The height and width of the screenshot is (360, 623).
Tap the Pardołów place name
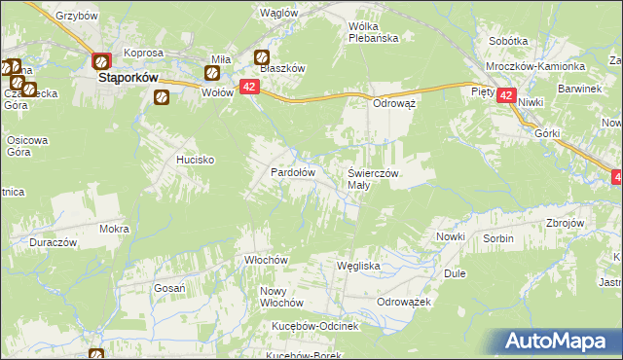(292, 172)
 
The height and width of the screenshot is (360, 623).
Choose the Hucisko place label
(195, 158)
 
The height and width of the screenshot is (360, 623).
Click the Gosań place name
(170, 288)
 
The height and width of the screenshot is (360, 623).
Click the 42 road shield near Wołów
(249, 88)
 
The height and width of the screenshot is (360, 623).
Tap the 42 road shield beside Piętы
(506, 95)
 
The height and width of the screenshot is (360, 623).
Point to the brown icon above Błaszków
(261, 56)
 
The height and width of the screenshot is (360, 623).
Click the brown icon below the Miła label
(213, 72)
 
